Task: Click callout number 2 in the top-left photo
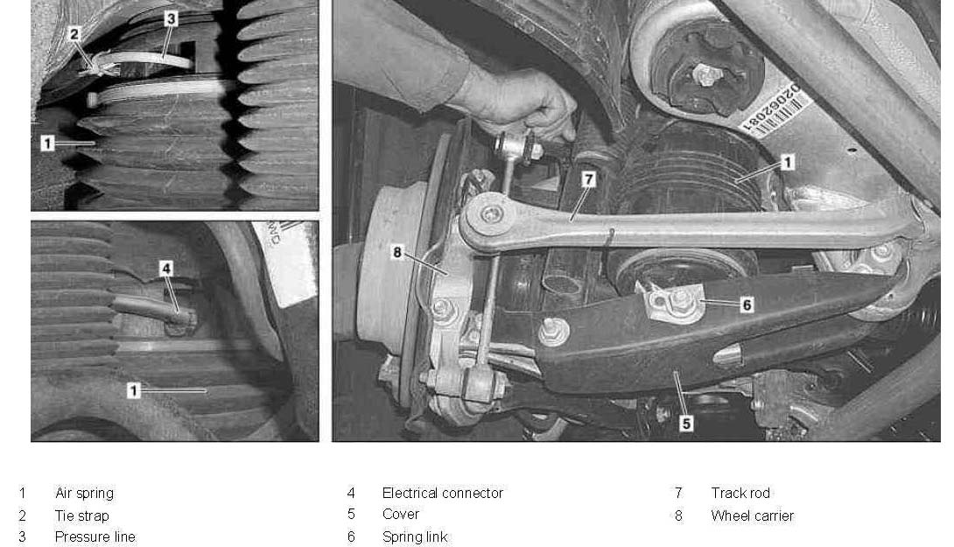click(74, 34)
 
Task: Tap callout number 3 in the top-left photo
click(171, 19)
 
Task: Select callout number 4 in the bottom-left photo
click(166, 269)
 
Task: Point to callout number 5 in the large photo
click(686, 423)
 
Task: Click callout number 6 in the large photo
click(747, 305)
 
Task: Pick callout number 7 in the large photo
click(588, 179)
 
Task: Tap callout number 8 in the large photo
click(397, 252)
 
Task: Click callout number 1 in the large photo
click(788, 163)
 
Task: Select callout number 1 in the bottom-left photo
click(134, 390)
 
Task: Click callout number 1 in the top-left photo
click(47, 143)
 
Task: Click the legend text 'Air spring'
click(85, 493)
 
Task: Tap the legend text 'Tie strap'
click(82, 516)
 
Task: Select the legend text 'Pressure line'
click(95, 536)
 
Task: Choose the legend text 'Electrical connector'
click(443, 493)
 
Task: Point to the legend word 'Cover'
click(401, 514)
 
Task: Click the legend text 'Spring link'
click(415, 536)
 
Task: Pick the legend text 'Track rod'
click(740, 493)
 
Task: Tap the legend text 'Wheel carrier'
click(753, 516)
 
